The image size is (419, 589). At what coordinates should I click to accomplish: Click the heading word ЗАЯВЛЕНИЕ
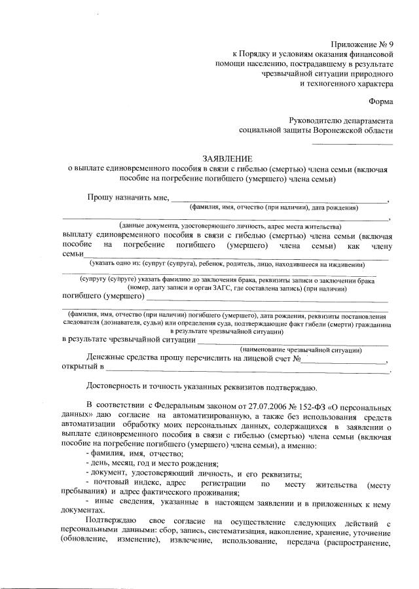[x=227, y=158]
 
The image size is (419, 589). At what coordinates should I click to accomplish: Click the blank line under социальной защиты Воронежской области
[x=352, y=143]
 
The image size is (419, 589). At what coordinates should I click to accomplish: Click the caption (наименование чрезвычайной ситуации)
[x=297, y=350]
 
